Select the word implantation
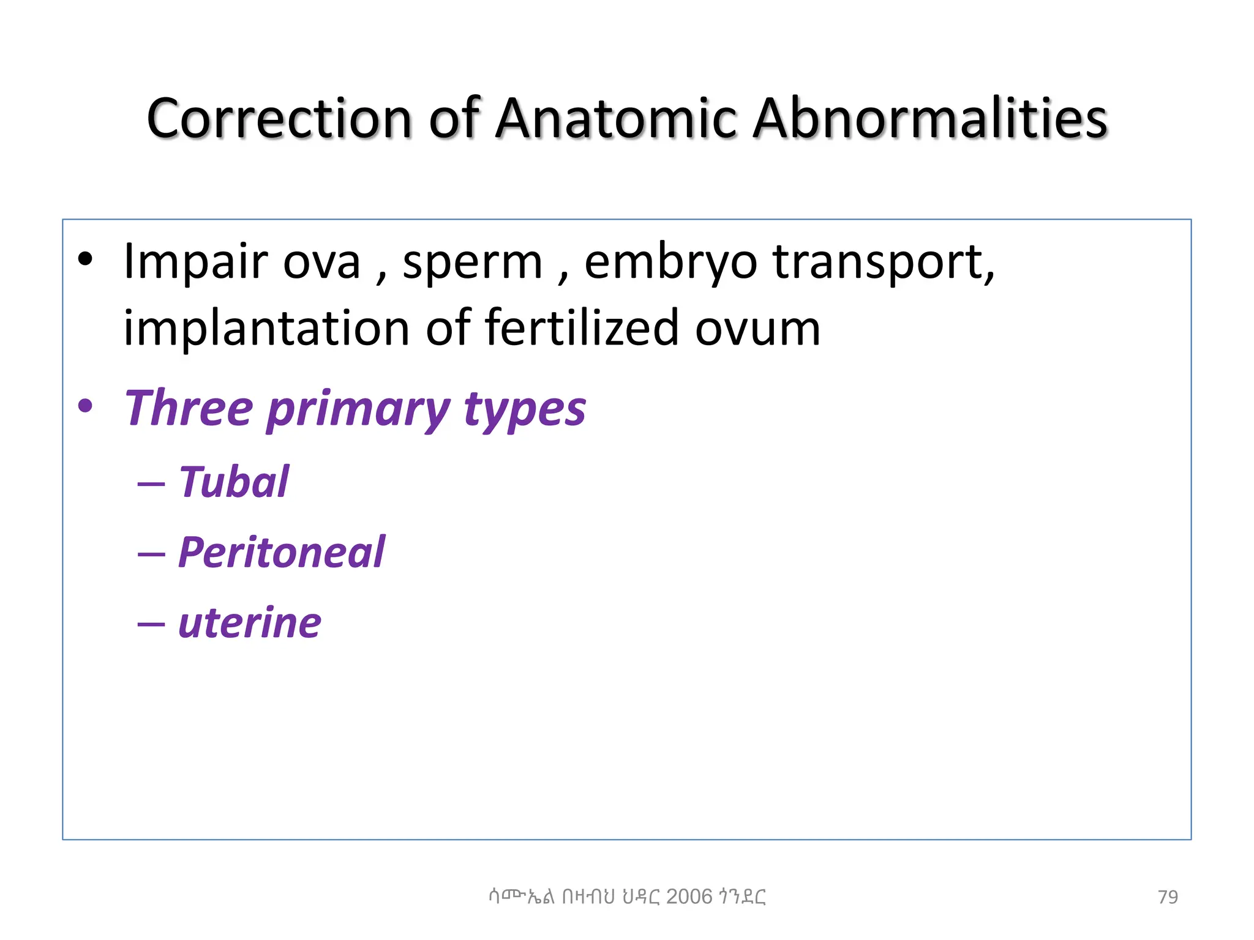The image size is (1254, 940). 266,329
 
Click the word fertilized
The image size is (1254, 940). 581,328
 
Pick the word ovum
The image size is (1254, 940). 757,329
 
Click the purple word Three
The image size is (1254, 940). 189,408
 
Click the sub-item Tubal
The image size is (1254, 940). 233,482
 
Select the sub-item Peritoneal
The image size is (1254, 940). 281,553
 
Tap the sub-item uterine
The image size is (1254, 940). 249,623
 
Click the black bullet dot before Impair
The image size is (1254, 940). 85,260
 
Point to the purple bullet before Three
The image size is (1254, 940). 85,406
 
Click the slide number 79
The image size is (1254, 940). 1168,897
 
